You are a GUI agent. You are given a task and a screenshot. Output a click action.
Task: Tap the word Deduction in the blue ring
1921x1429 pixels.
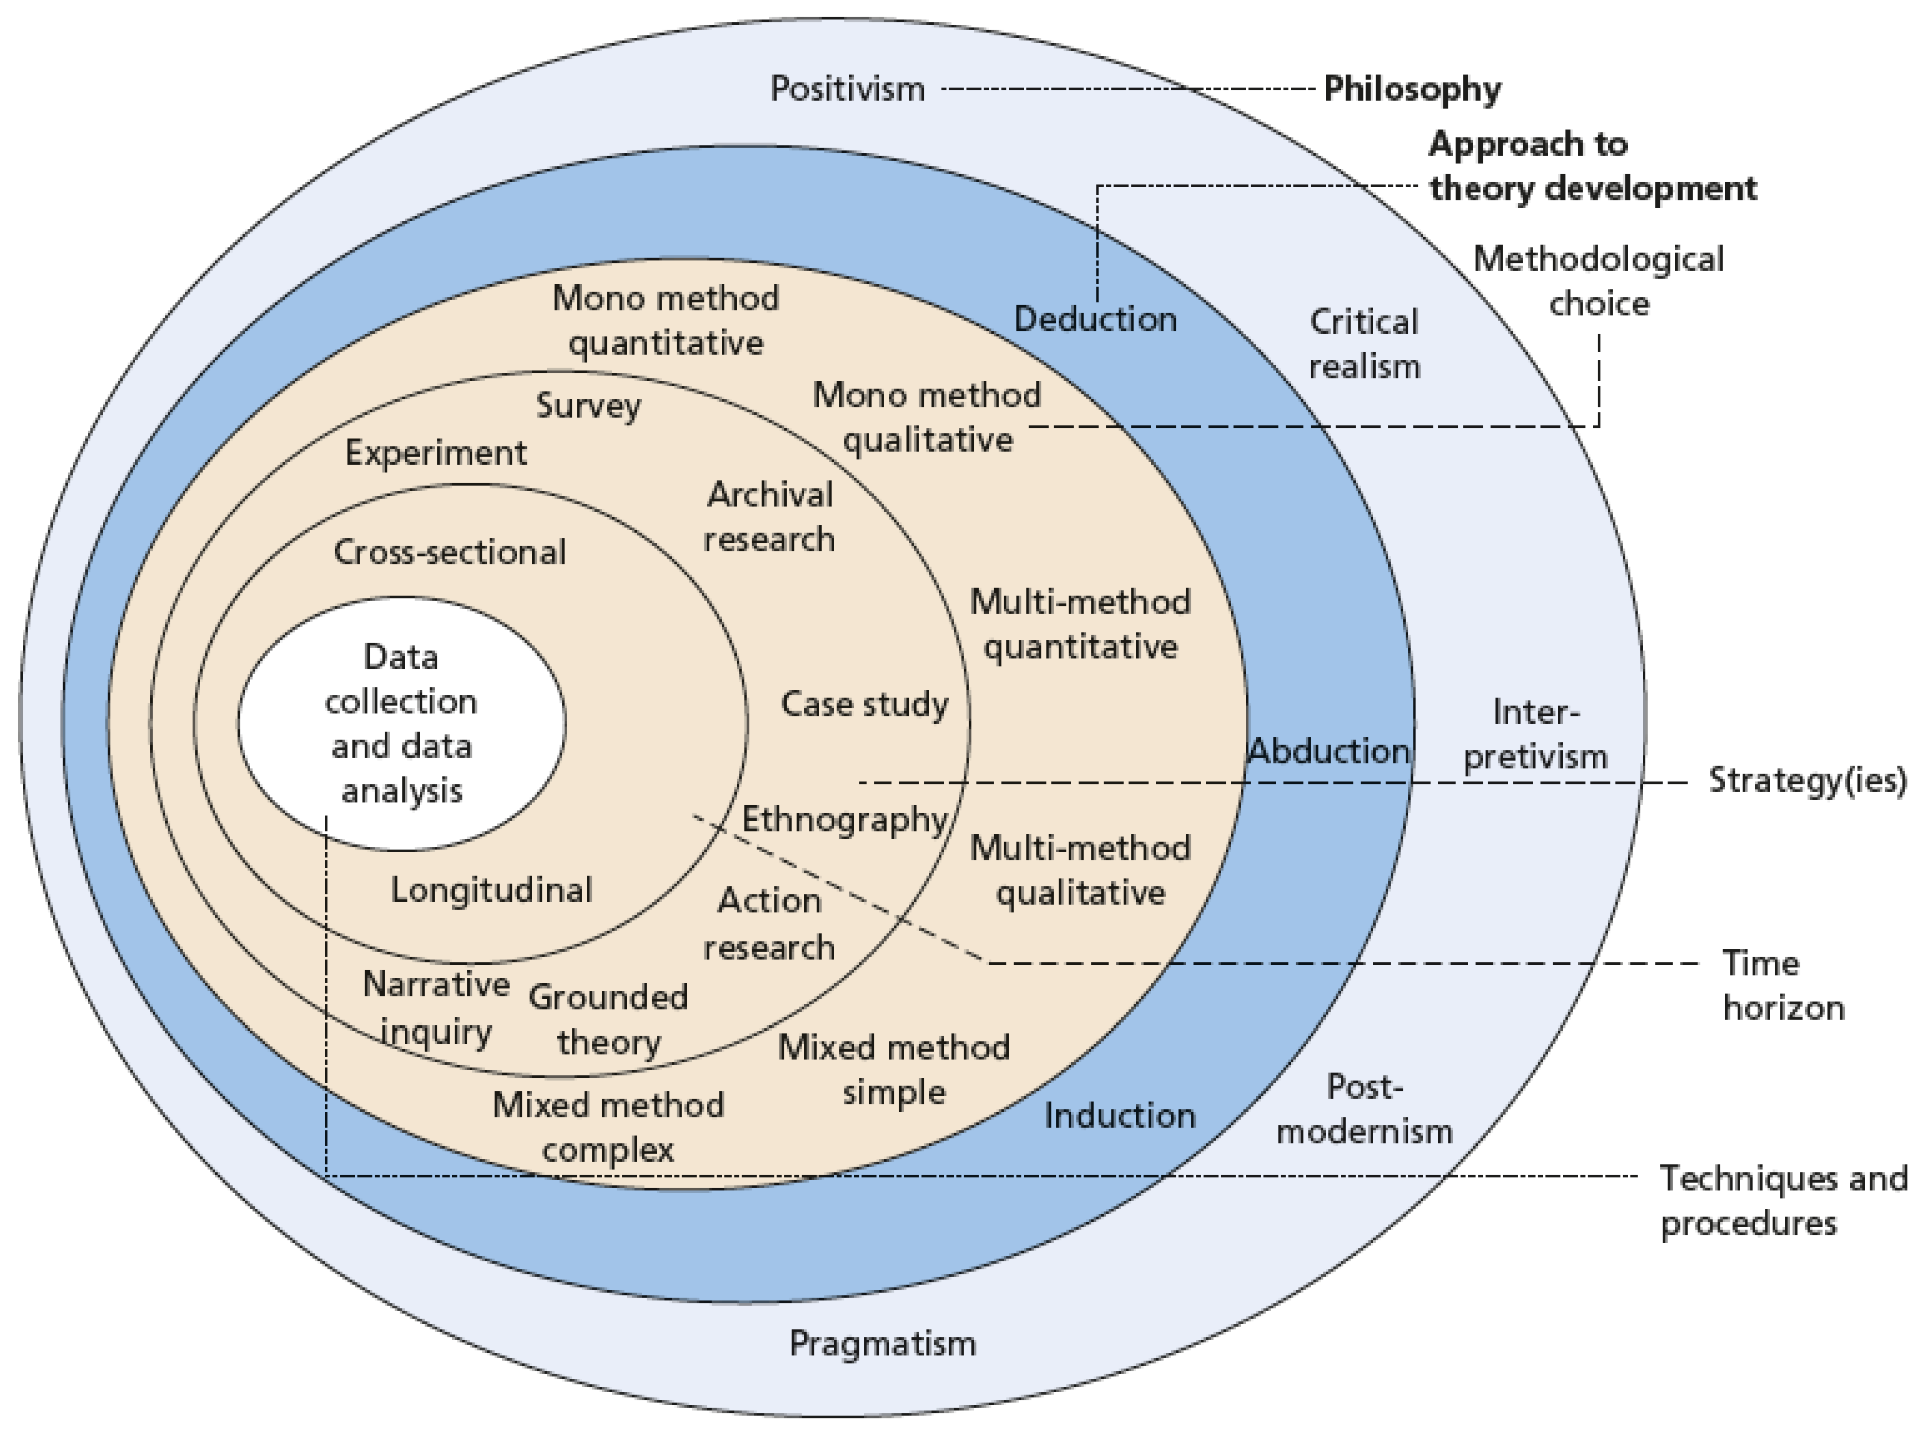click(x=1095, y=319)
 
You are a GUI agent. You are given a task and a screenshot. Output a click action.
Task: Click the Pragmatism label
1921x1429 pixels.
click(x=882, y=1343)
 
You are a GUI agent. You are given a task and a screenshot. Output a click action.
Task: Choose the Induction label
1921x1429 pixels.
click(x=1120, y=1116)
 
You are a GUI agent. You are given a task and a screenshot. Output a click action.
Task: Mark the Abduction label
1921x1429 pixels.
click(x=1328, y=751)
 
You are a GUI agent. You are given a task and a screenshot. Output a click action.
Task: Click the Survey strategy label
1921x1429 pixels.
click(x=588, y=406)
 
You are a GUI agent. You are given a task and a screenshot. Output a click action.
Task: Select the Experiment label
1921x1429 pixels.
click(x=436, y=453)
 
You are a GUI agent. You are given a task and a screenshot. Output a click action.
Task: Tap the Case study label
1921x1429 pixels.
click(x=864, y=704)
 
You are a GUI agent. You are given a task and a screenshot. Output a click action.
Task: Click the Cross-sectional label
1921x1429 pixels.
click(x=449, y=552)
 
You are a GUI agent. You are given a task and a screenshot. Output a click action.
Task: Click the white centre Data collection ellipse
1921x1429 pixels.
click(x=401, y=723)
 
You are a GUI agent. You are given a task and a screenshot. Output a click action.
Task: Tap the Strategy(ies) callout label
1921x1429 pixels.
click(x=1807, y=780)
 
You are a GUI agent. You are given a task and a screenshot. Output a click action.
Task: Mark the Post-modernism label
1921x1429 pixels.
click(x=1364, y=1109)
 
